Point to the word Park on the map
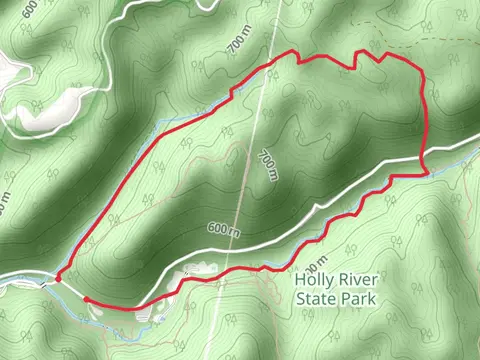click(x=357, y=299)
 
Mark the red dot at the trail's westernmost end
click(x=58, y=279)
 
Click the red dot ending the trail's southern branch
click(x=86, y=298)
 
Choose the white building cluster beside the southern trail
click(x=192, y=271)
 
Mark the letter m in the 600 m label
click(x=236, y=231)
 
